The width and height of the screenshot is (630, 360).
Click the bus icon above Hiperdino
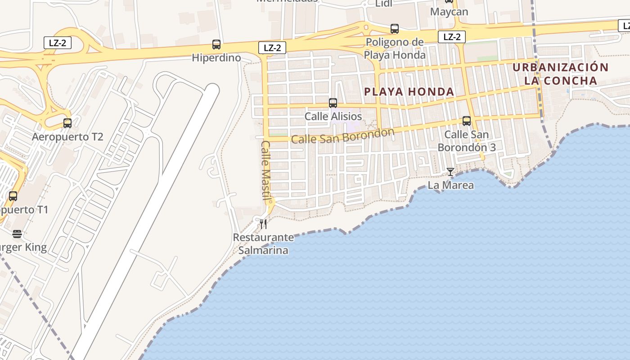216,45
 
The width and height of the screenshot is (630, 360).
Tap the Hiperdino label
216,58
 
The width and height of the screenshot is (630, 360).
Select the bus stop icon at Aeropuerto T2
67,123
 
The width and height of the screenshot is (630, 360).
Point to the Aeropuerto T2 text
67,136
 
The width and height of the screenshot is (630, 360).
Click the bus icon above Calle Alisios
333,103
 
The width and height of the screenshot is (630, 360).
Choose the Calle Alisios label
333,117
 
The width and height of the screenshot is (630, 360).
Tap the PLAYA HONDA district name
409,92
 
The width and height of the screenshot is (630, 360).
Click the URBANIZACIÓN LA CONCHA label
560,74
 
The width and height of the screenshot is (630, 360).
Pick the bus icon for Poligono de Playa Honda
395,29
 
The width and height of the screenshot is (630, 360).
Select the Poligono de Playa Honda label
395,49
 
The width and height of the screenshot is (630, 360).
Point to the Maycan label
449,12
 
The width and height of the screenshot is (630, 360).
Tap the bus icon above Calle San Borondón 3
467,121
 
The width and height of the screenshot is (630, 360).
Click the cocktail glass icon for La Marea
450,172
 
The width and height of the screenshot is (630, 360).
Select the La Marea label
450,185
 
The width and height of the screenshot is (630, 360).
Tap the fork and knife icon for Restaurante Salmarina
263,224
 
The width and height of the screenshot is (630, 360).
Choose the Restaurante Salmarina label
263,243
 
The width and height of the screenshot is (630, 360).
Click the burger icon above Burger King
17,234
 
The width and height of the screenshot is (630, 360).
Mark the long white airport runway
148,216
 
